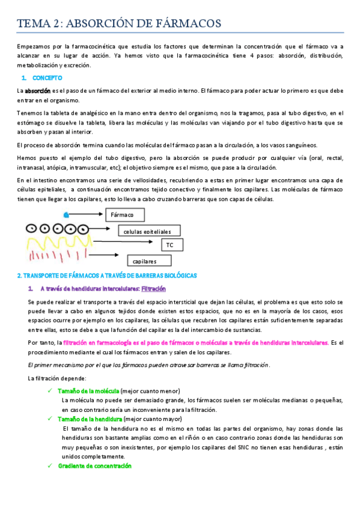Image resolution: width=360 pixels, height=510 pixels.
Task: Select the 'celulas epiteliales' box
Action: (147, 231)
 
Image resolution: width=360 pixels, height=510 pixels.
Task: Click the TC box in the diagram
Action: (171, 245)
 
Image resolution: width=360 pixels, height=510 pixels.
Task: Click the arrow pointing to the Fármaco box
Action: (87, 214)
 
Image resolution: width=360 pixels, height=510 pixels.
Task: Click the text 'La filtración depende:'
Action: (57, 378)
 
